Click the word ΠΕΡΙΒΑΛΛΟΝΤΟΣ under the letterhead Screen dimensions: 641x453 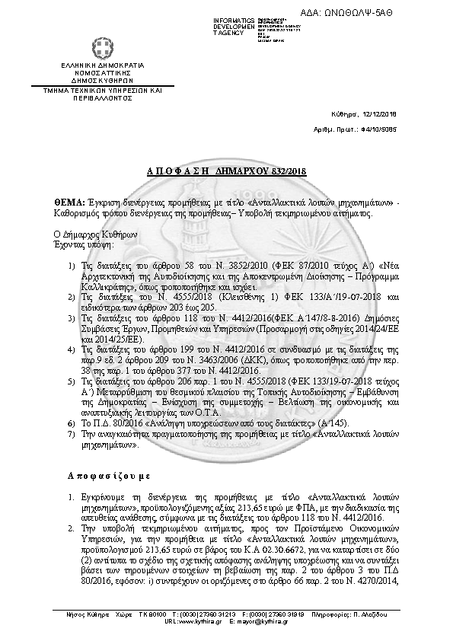click(x=103, y=98)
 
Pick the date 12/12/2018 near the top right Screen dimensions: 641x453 click(x=378, y=114)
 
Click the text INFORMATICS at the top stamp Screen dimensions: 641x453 click(x=234, y=19)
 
